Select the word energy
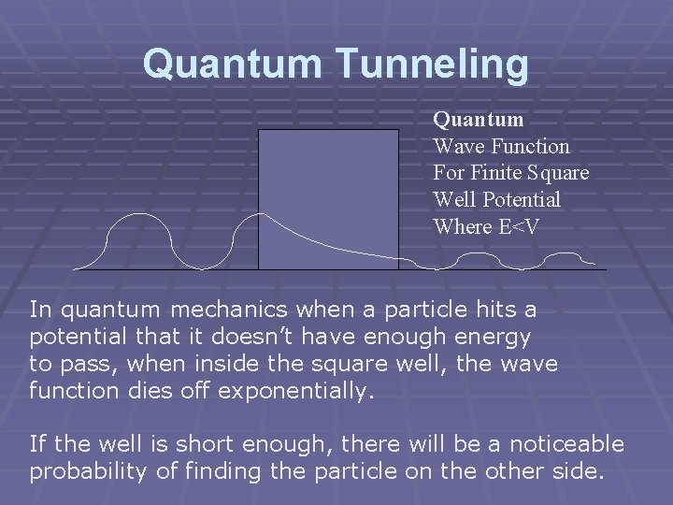[x=492, y=336]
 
